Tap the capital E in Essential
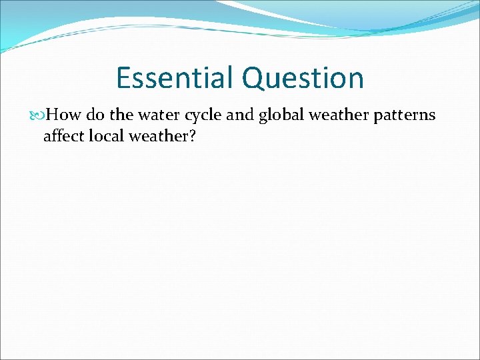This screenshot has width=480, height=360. tap(123, 78)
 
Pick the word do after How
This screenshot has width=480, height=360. tap(95, 115)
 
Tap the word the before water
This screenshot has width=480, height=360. tap(121, 115)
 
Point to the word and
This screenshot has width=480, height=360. tap(240, 115)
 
